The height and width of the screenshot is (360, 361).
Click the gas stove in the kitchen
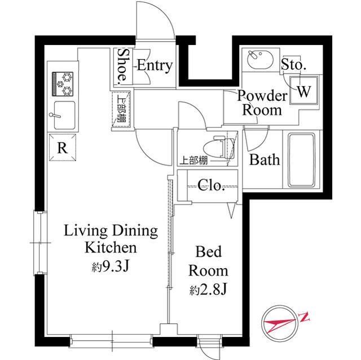63,83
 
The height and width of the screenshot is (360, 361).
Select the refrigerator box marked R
63,148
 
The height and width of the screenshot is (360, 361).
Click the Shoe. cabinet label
122,66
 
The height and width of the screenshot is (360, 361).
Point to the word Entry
153,65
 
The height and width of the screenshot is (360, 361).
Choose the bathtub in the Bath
304,159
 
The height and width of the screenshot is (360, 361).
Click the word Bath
265,159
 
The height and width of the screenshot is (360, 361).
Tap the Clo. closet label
212,185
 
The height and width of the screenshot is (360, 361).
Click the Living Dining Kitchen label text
111,239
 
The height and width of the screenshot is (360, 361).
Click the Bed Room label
208,260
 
